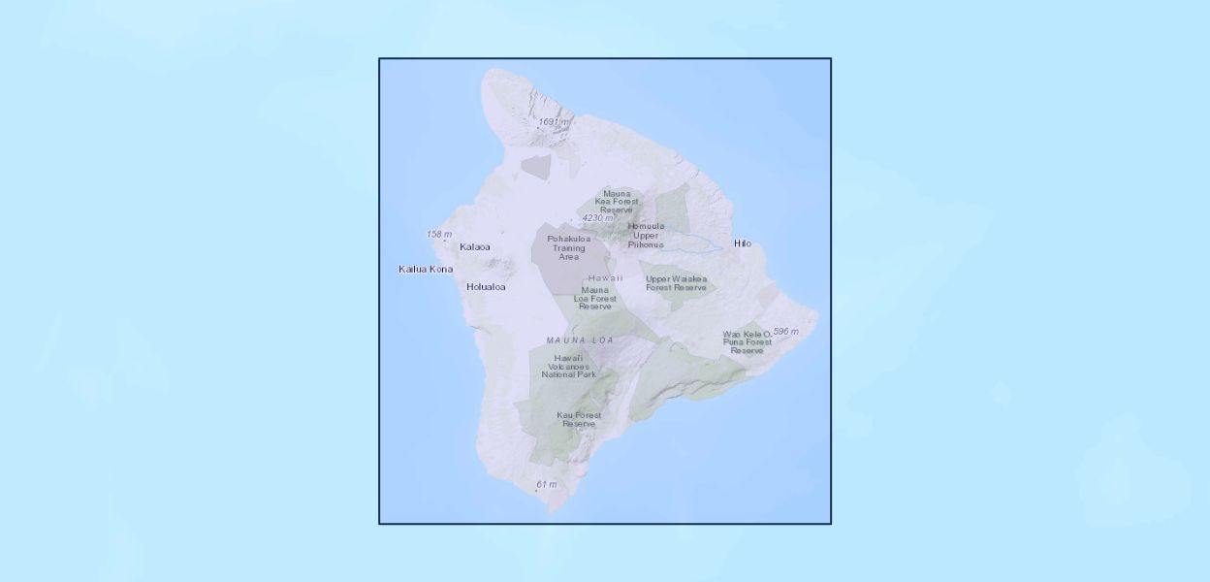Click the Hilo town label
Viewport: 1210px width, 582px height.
click(743, 243)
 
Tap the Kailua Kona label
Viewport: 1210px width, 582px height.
click(426, 269)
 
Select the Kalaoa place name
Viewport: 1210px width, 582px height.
click(475, 246)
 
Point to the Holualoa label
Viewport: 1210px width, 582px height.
click(486, 287)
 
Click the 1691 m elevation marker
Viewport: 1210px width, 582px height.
click(555, 122)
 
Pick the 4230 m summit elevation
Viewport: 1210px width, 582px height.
click(597, 218)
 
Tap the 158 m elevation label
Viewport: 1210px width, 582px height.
click(439, 235)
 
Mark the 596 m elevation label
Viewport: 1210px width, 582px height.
click(785, 332)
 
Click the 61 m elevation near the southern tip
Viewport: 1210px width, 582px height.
click(547, 484)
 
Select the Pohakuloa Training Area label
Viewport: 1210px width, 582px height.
click(569, 247)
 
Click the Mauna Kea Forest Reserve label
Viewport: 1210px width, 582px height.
click(617, 202)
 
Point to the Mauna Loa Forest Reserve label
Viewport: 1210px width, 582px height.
click(595, 298)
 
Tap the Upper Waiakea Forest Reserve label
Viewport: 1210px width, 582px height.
click(677, 283)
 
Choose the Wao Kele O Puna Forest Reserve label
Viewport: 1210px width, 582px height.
click(748, 341)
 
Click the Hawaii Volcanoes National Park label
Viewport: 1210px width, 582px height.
click(569, 366)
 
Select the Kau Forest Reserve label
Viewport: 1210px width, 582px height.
click(579, 419)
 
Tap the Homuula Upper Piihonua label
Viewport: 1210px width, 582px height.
click(646, 235)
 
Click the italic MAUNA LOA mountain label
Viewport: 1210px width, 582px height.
click(581, 340)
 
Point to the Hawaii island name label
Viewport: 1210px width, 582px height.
click(605, 278)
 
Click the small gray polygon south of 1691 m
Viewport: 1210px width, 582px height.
click(536, 165)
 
